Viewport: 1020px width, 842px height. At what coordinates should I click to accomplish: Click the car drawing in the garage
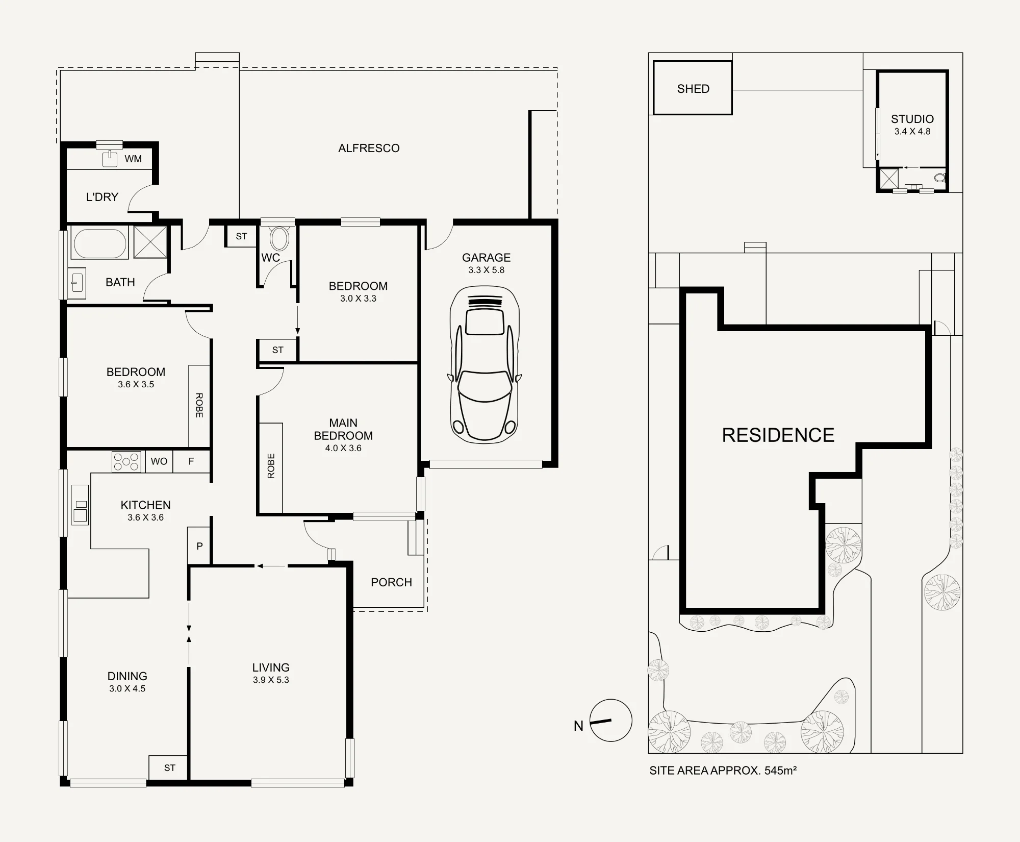point(484,364)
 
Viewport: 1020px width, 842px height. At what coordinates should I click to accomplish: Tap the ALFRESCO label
point(369,148)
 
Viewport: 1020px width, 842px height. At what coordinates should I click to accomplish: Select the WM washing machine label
point(133,159)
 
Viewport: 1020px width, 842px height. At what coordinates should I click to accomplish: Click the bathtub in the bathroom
point(100,243)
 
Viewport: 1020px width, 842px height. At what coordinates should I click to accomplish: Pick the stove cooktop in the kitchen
point(126,461)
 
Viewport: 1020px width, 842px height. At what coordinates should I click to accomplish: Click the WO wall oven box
point(159,461)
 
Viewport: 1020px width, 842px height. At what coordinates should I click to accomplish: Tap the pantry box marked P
point(199,546)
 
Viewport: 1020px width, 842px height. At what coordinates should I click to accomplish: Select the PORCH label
point(391,582)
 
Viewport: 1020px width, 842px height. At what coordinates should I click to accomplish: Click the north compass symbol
point(610,720)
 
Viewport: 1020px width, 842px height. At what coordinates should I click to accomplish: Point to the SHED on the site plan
point(693,88)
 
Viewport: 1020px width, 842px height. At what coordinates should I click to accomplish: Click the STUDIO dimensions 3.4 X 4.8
point(912,132)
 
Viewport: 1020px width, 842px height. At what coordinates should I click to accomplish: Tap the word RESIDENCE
point(778,435)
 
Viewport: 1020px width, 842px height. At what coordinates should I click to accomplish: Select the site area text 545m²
point(780,771)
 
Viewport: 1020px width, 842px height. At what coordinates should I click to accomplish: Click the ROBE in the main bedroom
point(271,467)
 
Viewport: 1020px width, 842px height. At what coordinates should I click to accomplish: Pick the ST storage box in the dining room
point(169,767)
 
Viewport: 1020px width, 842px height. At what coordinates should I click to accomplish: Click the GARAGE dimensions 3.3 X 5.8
point(486,270)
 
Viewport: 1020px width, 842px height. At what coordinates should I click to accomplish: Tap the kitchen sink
point(80,505)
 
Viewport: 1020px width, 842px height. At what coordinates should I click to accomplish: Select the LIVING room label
point(271,667)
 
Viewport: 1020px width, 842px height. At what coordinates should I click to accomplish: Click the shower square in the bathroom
point(150,242)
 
